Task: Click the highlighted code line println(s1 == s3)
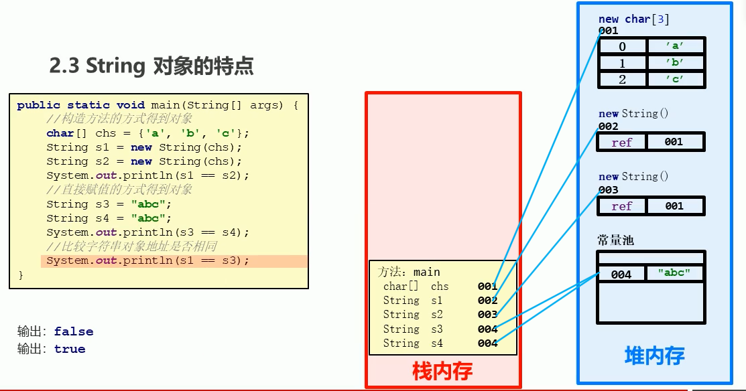(x=147, y=260)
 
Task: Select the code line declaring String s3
(x=109, y=204)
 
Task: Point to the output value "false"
(x=74, y=331)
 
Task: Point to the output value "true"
(x=70, y=349)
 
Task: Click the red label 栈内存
(x=442, y=371)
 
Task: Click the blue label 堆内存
(x=654, y=356)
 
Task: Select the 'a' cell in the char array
(x=675, y=46)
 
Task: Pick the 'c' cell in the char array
(x=675, y=79)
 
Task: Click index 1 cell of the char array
(x=623, y=63)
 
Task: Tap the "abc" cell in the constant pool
(x=675, y=273)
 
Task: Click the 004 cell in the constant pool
(x=621, y=275)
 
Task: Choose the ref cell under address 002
(x=622, y=142)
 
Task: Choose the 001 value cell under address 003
(x=674, y=206)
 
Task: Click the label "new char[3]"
(x=634, y=19)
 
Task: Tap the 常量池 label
(x=615, y=240)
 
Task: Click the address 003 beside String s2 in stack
(x=487, y=315)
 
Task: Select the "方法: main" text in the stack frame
(x=409, y=272)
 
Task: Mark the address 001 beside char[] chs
(x=487, y=287)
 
